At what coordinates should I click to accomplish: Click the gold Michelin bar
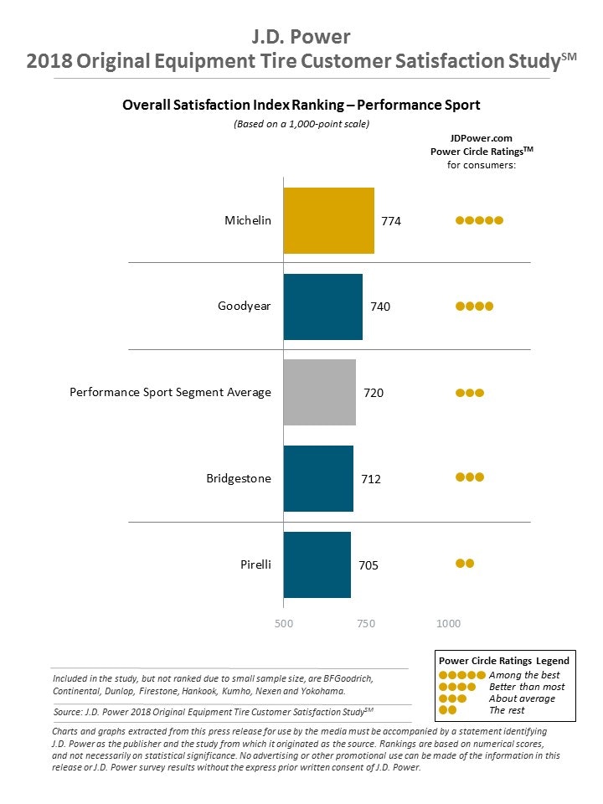click(328, 220)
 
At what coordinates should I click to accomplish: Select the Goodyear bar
click(322, 307)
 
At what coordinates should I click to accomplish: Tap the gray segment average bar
click(319, 392)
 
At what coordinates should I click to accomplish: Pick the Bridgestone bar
click(318, 478)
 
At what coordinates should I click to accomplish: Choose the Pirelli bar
click(317, 564)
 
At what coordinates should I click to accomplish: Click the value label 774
click(392, 221)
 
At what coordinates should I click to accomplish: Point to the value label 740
click(380, 307)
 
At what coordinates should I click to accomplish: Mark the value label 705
click(368, 565)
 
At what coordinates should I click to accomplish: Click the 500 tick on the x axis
click(284, 623)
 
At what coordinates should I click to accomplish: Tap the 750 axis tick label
click(366, 623)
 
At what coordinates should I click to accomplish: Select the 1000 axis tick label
click(449, 623)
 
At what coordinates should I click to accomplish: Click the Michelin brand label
click(248, 221)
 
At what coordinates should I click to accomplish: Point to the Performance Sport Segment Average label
click(170, 392)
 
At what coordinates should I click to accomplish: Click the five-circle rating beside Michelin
click(479, 220)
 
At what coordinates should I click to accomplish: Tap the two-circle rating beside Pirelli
click(465, 563)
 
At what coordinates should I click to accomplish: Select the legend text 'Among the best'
click(524, 675)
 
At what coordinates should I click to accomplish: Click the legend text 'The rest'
click(507, 710)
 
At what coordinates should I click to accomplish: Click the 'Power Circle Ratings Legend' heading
click(504, 661)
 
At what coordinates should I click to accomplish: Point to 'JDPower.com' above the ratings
click(481, 138)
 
